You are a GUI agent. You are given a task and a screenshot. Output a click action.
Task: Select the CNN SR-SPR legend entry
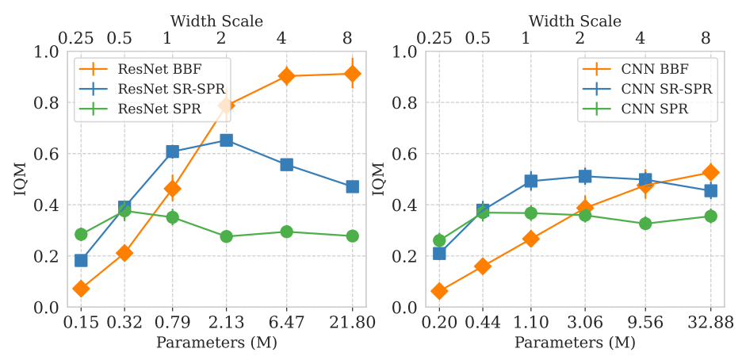point(667,89)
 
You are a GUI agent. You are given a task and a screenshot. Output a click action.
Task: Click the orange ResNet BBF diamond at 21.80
point(352,74)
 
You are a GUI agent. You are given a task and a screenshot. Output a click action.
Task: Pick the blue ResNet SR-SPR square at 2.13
point(226,140)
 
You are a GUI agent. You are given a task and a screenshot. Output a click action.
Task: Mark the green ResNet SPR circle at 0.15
point(81,234)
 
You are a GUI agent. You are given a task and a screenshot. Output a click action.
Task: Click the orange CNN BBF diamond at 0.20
point(439,291)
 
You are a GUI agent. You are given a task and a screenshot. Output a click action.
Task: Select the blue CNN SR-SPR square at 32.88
point(710,190)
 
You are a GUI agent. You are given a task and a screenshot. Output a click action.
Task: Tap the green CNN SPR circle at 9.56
point(645,224)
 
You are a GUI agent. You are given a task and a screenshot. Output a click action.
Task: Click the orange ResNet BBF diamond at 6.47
point(286,76)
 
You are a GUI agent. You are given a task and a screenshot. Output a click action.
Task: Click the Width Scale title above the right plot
point(575,20)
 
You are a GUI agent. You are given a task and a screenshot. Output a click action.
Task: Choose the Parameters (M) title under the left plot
point(216,343)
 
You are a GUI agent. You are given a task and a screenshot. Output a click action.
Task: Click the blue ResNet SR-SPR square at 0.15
point(81,260)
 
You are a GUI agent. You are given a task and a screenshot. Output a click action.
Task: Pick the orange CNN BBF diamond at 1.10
point(531,238)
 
